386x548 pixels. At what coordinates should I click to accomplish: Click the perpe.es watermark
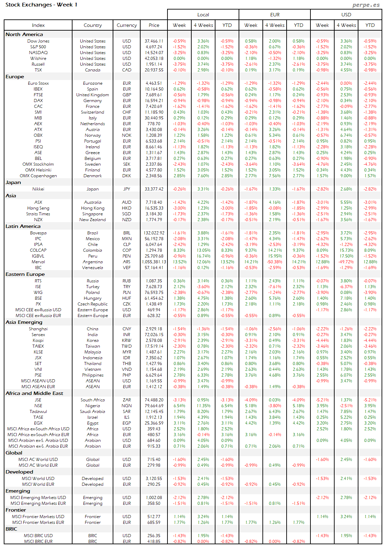[x=366, y=5]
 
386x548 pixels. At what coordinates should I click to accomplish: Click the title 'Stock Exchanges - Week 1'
[x=42, y=5]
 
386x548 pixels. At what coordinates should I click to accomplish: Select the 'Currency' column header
[x=127, y=25]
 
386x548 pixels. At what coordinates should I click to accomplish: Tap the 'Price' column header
[x=154, y=25]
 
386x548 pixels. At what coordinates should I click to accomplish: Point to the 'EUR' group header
[x=275, y=15]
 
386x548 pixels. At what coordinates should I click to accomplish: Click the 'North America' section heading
[x=24, y=34]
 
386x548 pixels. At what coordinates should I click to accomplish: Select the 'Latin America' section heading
[x=23, y=226]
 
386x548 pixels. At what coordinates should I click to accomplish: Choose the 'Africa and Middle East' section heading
[x=34, y=393]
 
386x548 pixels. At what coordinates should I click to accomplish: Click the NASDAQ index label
[x=38, y=53]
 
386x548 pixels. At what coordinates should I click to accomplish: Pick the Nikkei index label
[x=38, y=189]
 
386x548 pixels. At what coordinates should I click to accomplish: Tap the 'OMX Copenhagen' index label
[x=38, y=176]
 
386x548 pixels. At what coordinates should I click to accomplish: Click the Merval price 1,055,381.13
[x=154, y=262]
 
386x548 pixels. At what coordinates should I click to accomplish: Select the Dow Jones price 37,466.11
[x=154, y=41]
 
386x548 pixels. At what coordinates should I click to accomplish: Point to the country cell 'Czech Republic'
[x=93, y=304]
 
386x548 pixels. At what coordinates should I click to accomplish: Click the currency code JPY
[x=127, y=189]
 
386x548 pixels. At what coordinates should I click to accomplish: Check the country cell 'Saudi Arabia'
[x=93, y=412]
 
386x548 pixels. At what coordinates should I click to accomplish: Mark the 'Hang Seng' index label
[x=38, y=208]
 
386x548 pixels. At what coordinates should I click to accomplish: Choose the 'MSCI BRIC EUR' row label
[x=38, y=542]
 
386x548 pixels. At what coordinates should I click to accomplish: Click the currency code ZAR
[x=127, y=400]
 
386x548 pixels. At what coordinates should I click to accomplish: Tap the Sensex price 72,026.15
[x=154, y=335]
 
